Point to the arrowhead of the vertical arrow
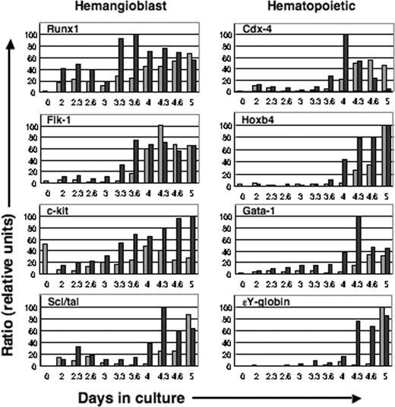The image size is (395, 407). click(x=10, y=46)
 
